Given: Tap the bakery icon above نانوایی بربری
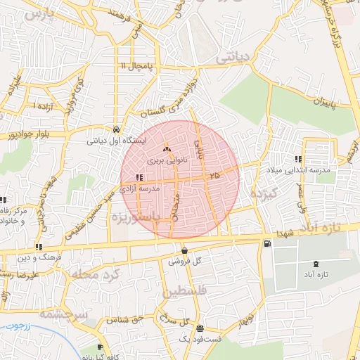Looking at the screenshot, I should pos(167,150).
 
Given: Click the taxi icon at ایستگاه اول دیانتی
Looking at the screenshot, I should pos(115,130).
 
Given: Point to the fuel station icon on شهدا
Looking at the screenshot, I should pos(266,244).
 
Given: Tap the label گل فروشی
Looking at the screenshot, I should pos(185,261).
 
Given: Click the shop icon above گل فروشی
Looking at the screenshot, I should pos(184,250).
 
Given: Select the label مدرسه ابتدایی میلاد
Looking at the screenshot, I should pos(292,171).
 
